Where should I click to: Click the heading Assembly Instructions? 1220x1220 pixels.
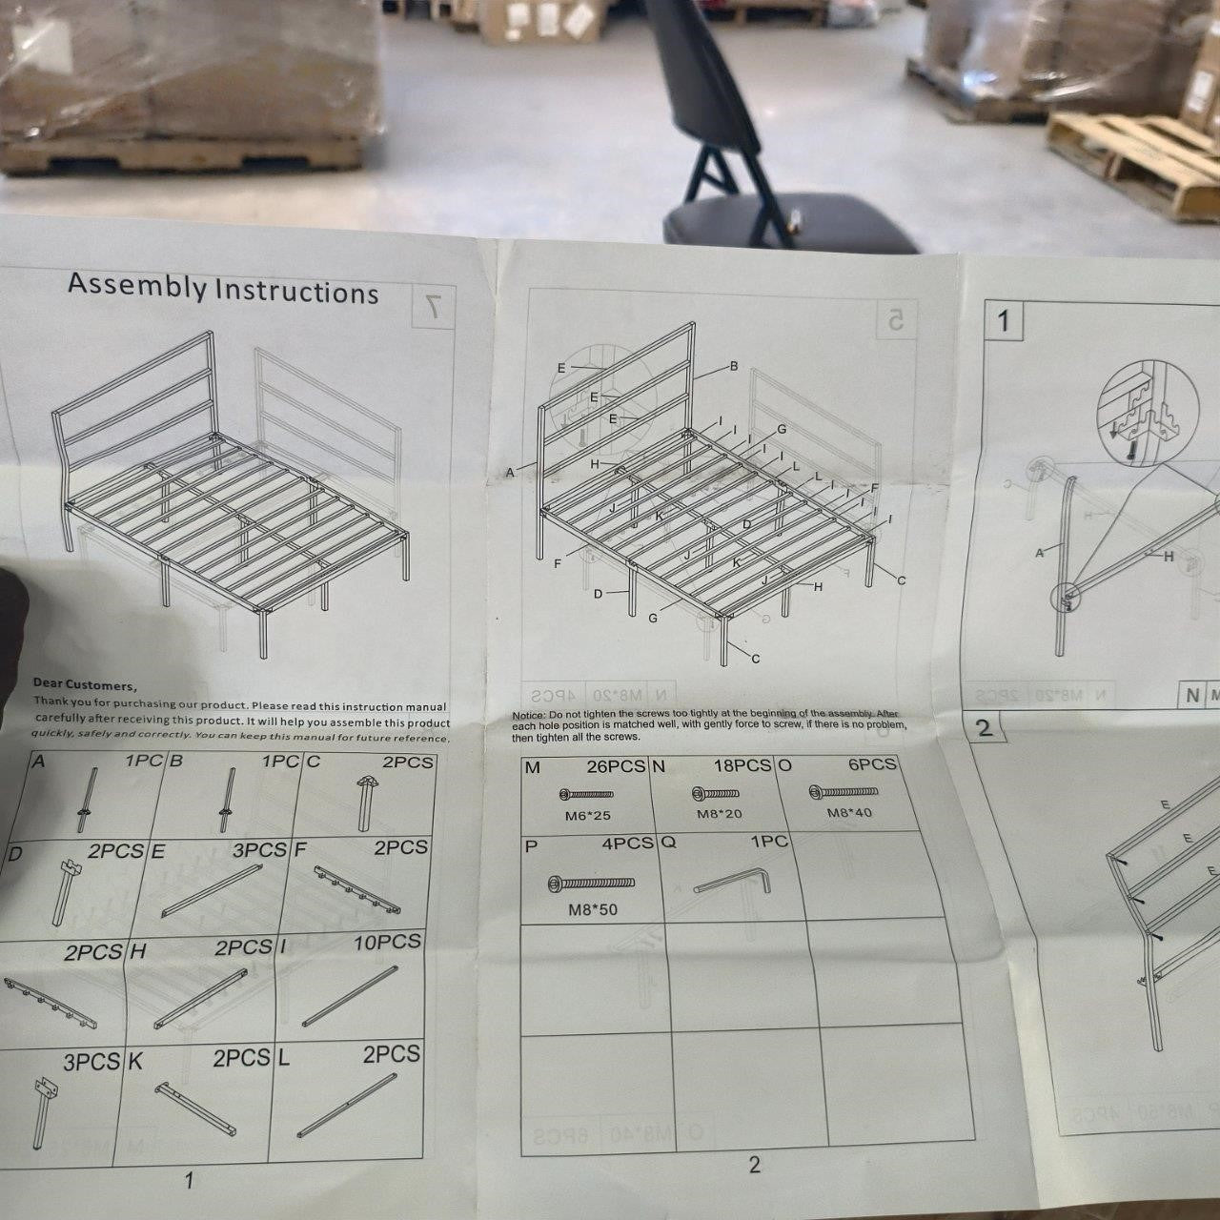pyautogui.click(x=223, y=287)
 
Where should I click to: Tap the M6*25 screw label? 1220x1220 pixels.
pyautogui.click(x=588, y=816)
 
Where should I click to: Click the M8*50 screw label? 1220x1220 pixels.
pyautogui.click(x=593, y=909)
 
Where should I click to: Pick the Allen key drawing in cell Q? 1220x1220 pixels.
pyautogui.click(x=734, y=879)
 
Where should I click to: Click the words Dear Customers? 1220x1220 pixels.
pyautogui.click(x=84, y=683)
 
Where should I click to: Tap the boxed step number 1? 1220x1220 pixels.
pyautogui.click(x=1003, y=321)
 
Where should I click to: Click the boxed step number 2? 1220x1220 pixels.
pyautogui.click(x=985, y=728)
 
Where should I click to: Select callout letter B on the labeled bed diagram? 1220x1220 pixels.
pyautogui.click(x=734, y=366)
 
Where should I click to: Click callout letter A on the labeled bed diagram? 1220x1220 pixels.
pyautogui.click(x=510, y=472)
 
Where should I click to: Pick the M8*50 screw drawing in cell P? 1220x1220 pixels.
pyautogui.click(x=591, y=884)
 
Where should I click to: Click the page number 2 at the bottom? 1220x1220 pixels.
pyautogui.click(x=754, y=1165)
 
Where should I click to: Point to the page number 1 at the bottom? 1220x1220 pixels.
pyautogui.click(x=189, y=1180)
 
